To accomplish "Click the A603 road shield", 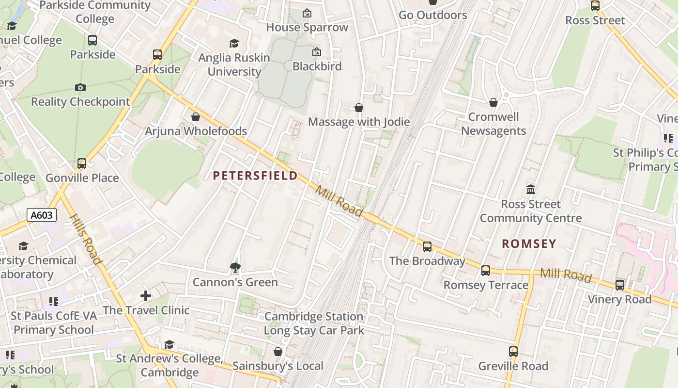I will click(x=42, y=215).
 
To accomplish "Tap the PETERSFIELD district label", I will click(x=255, y=176).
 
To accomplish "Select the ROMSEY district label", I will click(x=529, y=243).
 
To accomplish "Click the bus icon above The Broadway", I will click(x=427, y=247).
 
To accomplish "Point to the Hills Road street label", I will click(x=86, y=240).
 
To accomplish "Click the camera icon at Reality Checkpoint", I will click(x=80, y=88).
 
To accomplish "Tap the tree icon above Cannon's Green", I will click(x=235, y=267).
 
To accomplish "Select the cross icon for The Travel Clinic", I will click(x=146, y=295).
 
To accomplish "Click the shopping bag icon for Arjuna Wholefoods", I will click(x=196, y=117).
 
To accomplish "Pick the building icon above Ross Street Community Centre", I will click(x=531, y=189).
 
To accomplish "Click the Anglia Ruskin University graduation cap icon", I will click(x=234, y=44).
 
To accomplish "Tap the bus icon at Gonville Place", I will click(x=82, y=163).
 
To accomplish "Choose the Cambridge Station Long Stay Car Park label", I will click(x=314, y=323).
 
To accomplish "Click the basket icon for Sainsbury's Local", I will click(x=278, y=351).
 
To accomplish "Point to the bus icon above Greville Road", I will click(x=513, y=352).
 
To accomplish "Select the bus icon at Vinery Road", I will click(x=620, y=285).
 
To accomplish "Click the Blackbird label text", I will click(x=317, y=66).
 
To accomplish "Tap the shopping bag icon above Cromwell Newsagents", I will click(x=493, y=102).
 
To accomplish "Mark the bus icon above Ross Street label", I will click(x=595, y=6).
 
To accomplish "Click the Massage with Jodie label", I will click(x=359, y=122).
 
